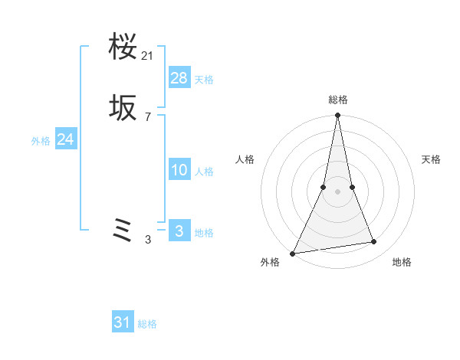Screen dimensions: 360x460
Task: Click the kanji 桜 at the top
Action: [123, 48]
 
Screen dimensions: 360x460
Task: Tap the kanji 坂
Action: [123, 110]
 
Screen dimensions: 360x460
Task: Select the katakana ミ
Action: [123, 230]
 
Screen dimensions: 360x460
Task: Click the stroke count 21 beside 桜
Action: [148, 56]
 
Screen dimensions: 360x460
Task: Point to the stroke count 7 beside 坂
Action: [148, 117]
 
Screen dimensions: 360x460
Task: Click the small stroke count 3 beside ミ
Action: [148, 240]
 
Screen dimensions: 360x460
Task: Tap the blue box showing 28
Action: [179, 77]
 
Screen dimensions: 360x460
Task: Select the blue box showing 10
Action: [179, 170]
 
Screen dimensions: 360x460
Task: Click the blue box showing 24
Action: [65, 139]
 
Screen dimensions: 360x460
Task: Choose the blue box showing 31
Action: [123, 322]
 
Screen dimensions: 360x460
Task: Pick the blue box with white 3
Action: [179, 231]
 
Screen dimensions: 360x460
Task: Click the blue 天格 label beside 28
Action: [204, 80]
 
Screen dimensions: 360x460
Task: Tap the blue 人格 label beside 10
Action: [204, 172]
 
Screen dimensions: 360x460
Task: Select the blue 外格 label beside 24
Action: [41, 141]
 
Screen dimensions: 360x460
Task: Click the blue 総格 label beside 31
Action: [147, 324]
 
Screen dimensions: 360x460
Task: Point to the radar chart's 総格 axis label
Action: [337, 100]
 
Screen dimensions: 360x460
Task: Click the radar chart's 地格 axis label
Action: [402, 262]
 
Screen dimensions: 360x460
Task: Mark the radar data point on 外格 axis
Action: [293, 253]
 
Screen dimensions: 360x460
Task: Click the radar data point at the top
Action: [337, 116]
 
